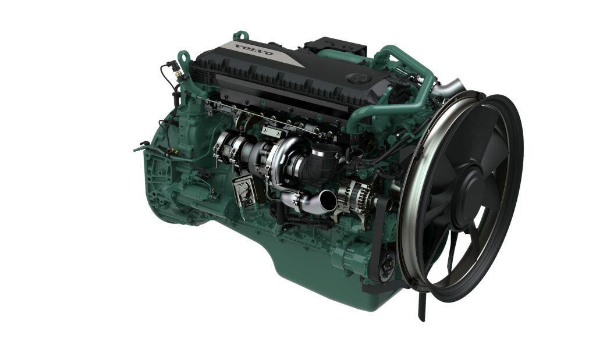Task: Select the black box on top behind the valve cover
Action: (335, 45)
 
